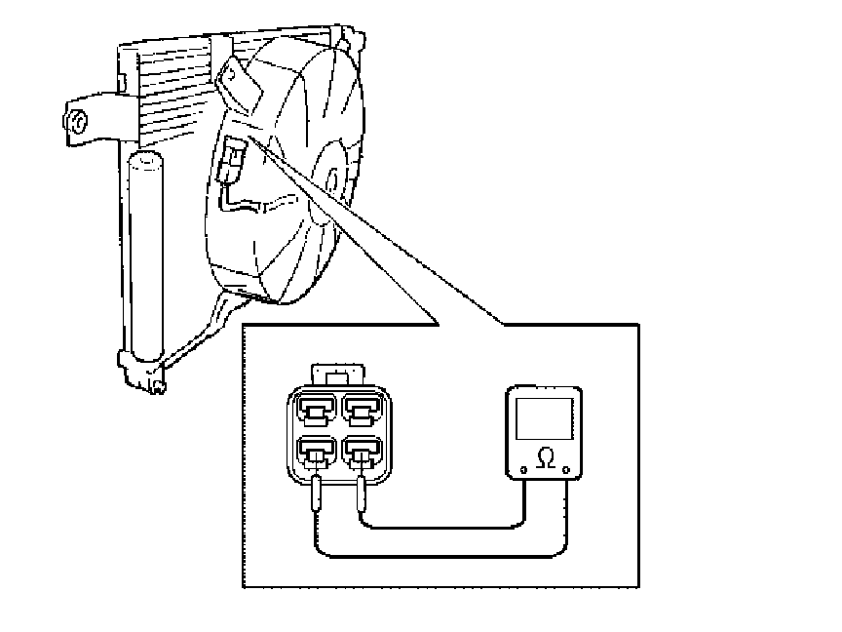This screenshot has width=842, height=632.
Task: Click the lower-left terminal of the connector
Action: click(x=315, y=452)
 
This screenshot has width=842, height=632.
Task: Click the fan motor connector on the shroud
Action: click(x=234, y=160)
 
